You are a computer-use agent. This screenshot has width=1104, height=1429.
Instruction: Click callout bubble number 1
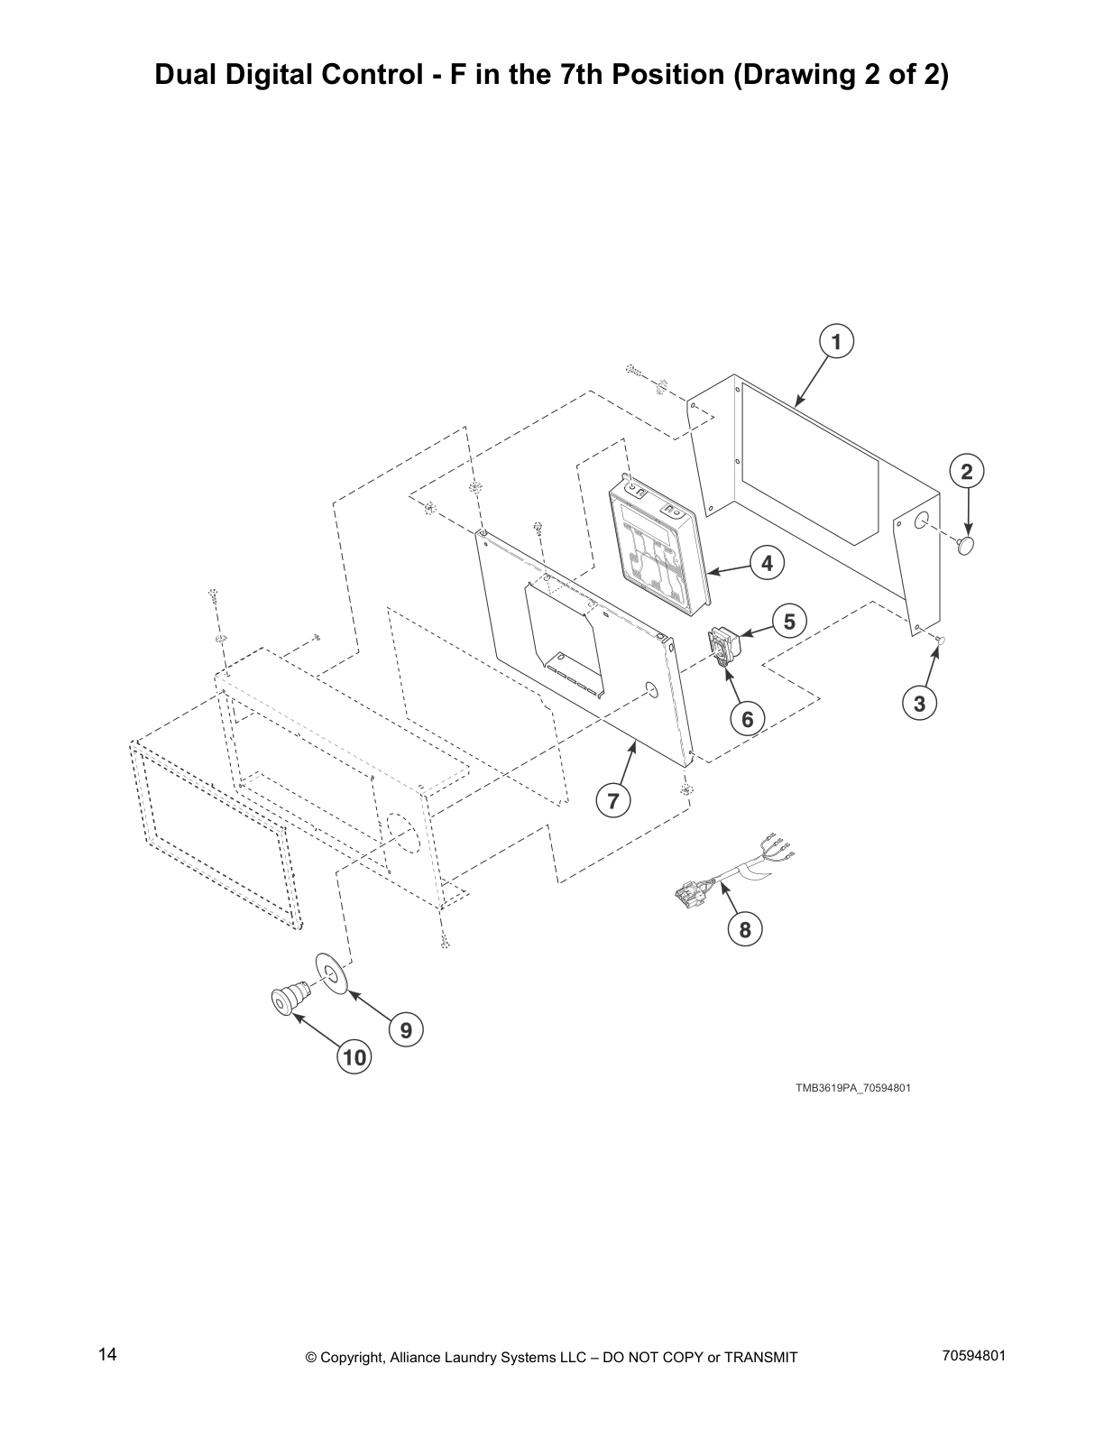click(x=836, y=342)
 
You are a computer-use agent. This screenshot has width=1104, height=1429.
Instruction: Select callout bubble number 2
click(x=967, y=471)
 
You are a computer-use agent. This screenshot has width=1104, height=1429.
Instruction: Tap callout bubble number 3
click(x=919, y=704)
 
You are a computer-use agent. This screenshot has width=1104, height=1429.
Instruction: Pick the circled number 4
click(x=767, y=564)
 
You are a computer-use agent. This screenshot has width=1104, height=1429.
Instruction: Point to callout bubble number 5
click(x=789, y=622)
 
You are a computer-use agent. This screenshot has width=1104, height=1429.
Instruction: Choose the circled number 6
click(x=748, y=719)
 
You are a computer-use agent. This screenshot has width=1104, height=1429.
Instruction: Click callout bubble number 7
click(x=613, y=800)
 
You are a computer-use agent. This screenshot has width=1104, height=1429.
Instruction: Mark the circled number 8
click(x=745, y=930)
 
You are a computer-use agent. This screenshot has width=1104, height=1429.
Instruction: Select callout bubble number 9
click(x=406, y=1029)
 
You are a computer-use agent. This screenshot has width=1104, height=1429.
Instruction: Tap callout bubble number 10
click(x=355, y=1056)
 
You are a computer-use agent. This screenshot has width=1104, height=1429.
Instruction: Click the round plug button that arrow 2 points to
click(x=966, y=545)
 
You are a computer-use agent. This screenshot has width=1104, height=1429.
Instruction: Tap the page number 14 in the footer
click(x=107, y=1355)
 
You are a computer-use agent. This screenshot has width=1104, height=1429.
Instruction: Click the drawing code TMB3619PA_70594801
click(x=852, y=1088)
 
